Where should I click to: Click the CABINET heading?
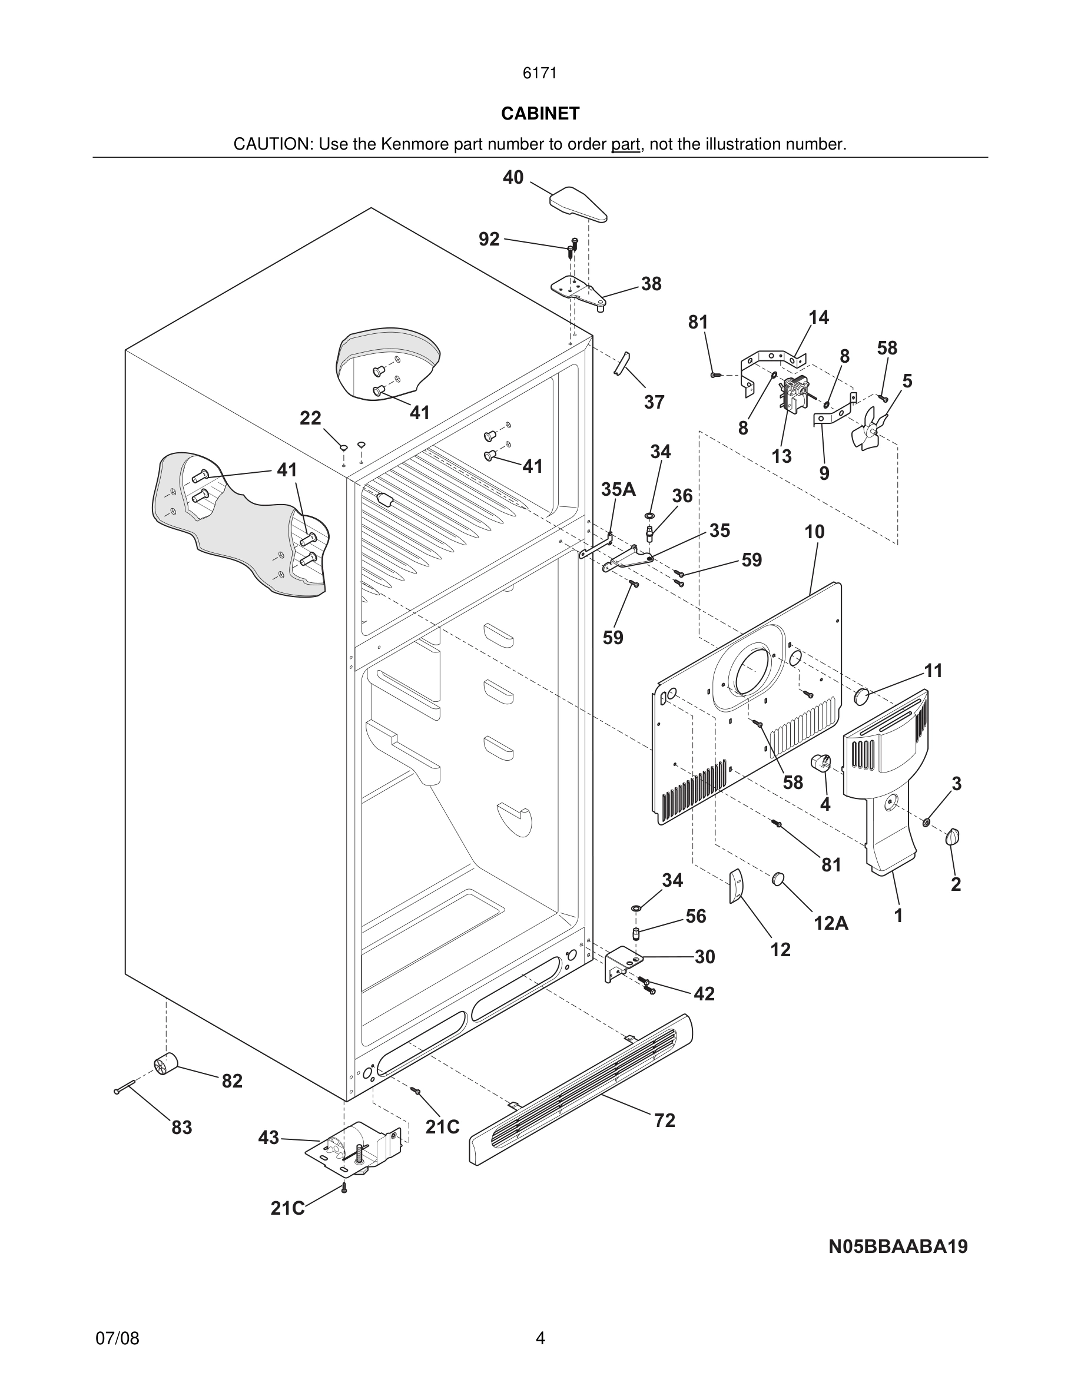540,114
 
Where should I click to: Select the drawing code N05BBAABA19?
898,1246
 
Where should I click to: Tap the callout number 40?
513,177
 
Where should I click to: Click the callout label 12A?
831,923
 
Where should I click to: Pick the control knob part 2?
953,836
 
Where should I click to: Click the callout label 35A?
618,489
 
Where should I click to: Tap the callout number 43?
268,1137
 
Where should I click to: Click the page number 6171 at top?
539,73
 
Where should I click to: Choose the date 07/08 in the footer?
117,1338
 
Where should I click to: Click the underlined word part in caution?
625,145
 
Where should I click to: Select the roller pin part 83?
125,1087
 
